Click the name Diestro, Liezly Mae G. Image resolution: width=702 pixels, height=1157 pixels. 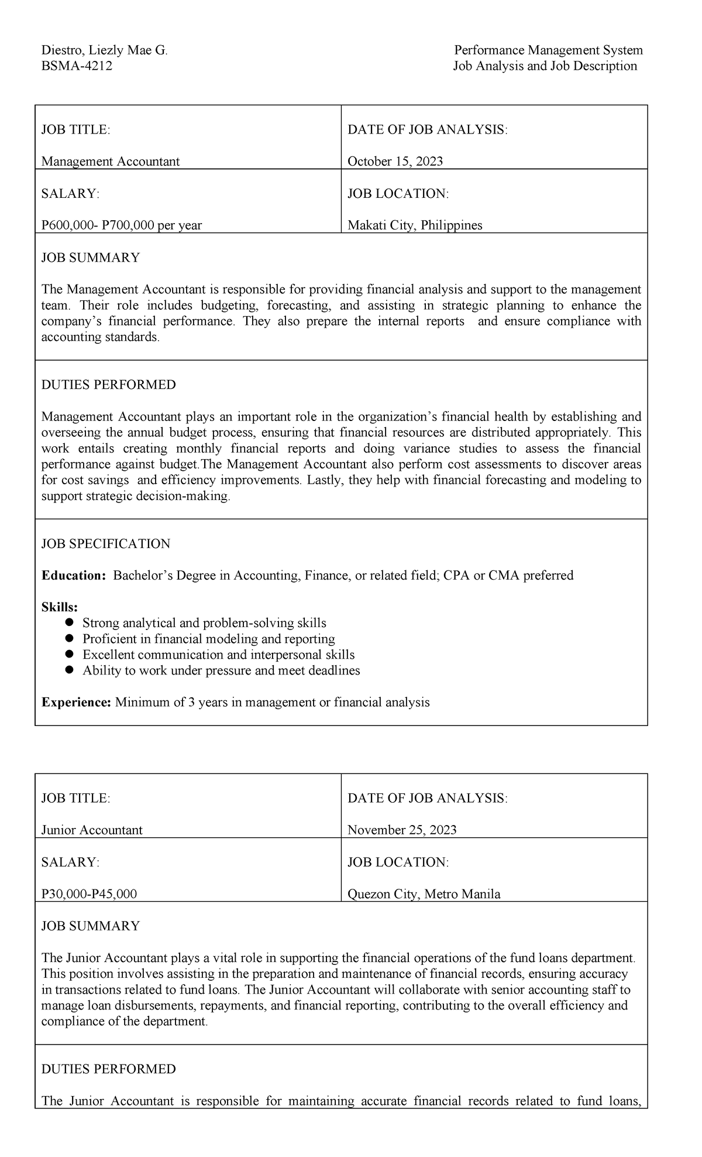(104, 50)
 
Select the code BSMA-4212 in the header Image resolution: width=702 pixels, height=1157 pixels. (76, 66)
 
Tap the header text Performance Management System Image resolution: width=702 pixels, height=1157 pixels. (548, 50)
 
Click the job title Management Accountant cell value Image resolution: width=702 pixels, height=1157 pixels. (110, 161)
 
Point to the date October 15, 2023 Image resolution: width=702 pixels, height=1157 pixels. (395, 161)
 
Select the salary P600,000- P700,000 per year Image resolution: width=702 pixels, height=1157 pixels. (121, 225)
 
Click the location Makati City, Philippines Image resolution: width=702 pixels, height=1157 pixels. (415, 225)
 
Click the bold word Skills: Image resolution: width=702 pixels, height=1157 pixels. (59, 607)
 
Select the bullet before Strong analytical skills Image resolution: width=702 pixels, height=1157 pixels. (70, 622)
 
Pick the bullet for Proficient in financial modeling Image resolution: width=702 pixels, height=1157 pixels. (70, 638)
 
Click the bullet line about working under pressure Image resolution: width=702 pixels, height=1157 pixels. (221, 670)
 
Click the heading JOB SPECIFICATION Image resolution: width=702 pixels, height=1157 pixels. (105, 543)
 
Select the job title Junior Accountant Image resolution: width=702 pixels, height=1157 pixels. (92, 830)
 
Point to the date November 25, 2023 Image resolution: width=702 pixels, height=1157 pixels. (402, 830)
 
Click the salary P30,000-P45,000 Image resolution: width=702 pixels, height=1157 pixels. (89, 894)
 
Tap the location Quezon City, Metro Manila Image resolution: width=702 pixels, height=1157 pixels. (424, 894)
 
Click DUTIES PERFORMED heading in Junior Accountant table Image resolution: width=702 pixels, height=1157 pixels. (108, 1069)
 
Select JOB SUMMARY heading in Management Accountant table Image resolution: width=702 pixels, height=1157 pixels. (90, 258)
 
